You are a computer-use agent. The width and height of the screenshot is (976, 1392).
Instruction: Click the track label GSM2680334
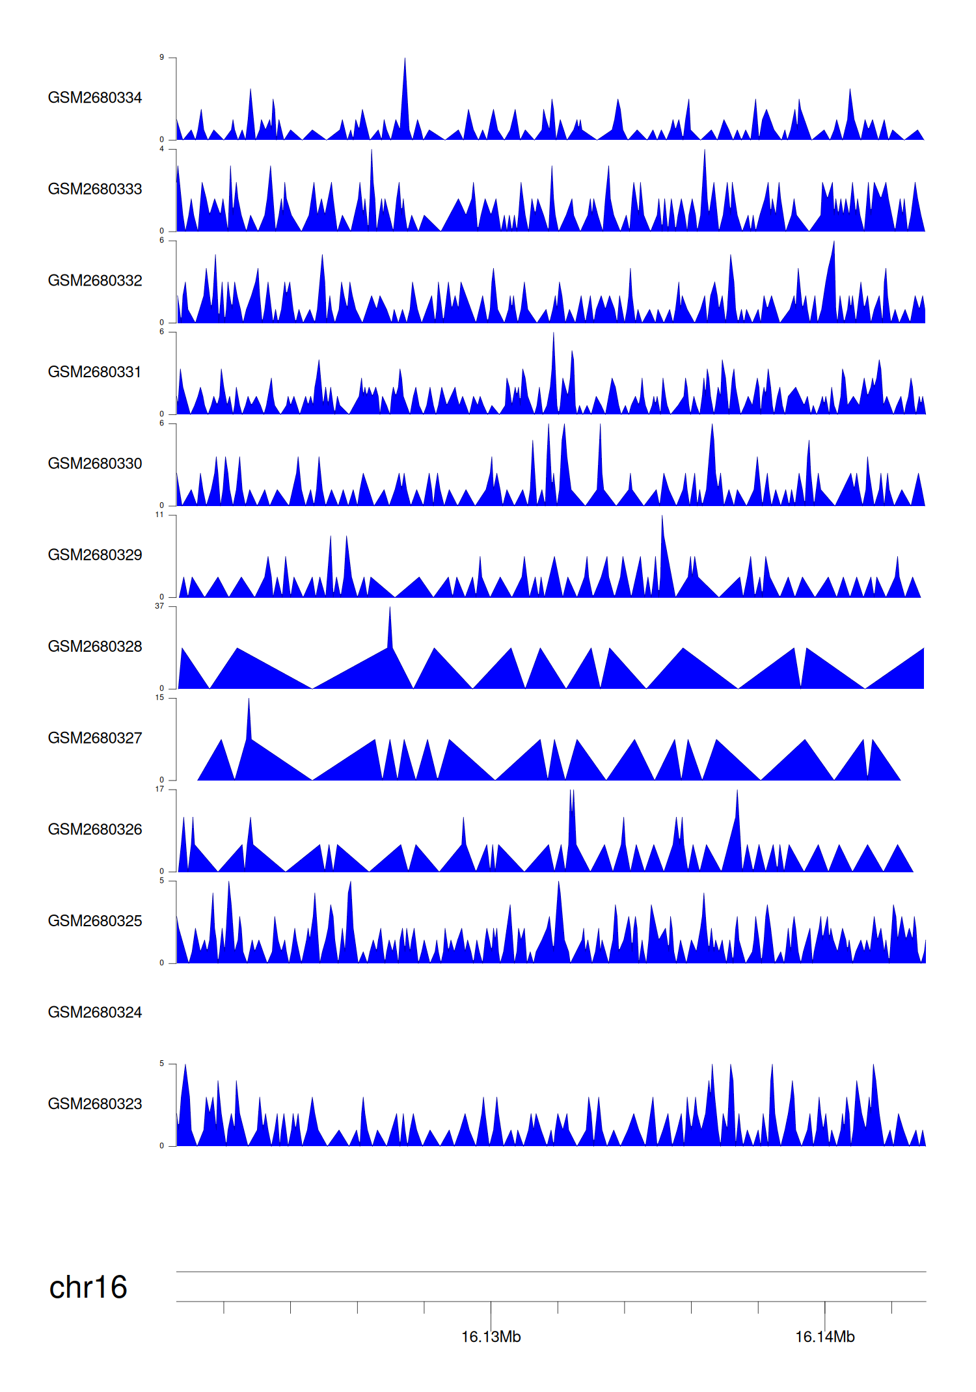pyautogui.click(x=95, y=98)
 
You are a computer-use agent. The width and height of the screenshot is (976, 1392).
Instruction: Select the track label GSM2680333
pyautogui.click(x=95, y=189)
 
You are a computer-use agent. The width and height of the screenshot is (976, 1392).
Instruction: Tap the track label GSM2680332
pyautogui.click(x=95, y=280)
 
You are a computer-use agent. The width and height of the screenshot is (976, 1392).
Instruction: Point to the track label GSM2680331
pyautogui.click(x=95, y=372)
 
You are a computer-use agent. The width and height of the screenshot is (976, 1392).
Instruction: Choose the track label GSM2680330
pyautogui.click(x=95, y=464)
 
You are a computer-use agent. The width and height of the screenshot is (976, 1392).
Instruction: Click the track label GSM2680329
pyautogui.click(x=95, y=555)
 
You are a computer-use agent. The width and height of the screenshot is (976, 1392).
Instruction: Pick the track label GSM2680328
pyautogui.click(x=95, y=647)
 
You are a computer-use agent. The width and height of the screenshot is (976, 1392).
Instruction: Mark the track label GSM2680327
pyautogui.click(x=95, y=738)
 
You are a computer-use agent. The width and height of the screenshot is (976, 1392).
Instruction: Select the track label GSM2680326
pyautogui.click(x=95, y=829)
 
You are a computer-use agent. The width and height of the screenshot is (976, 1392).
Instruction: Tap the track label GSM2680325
pyautogui.click(x=95, y=921)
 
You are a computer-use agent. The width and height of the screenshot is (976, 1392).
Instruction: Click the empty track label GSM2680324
pyautogui.click(x=95, y=1012)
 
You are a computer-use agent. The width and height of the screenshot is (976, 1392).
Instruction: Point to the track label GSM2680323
pyautogui.click(x=95, y=1104)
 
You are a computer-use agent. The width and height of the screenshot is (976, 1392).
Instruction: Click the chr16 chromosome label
pyautogui.click(x=88, y=1288)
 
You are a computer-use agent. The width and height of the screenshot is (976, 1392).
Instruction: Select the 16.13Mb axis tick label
pyautogui.click(x=491, y=1337)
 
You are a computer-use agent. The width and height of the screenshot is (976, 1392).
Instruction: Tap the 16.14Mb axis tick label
pyautogui.click(x=825, y=1337)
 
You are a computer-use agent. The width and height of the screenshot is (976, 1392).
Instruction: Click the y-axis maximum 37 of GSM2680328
pyautogui.click(x=159, y=606)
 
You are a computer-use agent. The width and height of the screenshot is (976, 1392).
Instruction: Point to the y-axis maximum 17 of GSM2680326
pyautogui.click(x=159, y=789)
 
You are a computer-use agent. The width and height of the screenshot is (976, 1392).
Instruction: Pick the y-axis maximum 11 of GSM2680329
pyautogui.click(x=159, y=515)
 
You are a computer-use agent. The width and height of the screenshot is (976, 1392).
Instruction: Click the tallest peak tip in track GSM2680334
pyautogui.click(x=405, y=59)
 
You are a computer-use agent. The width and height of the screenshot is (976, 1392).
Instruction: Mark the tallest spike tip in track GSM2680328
pyautogui.click(x=390, y=608)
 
